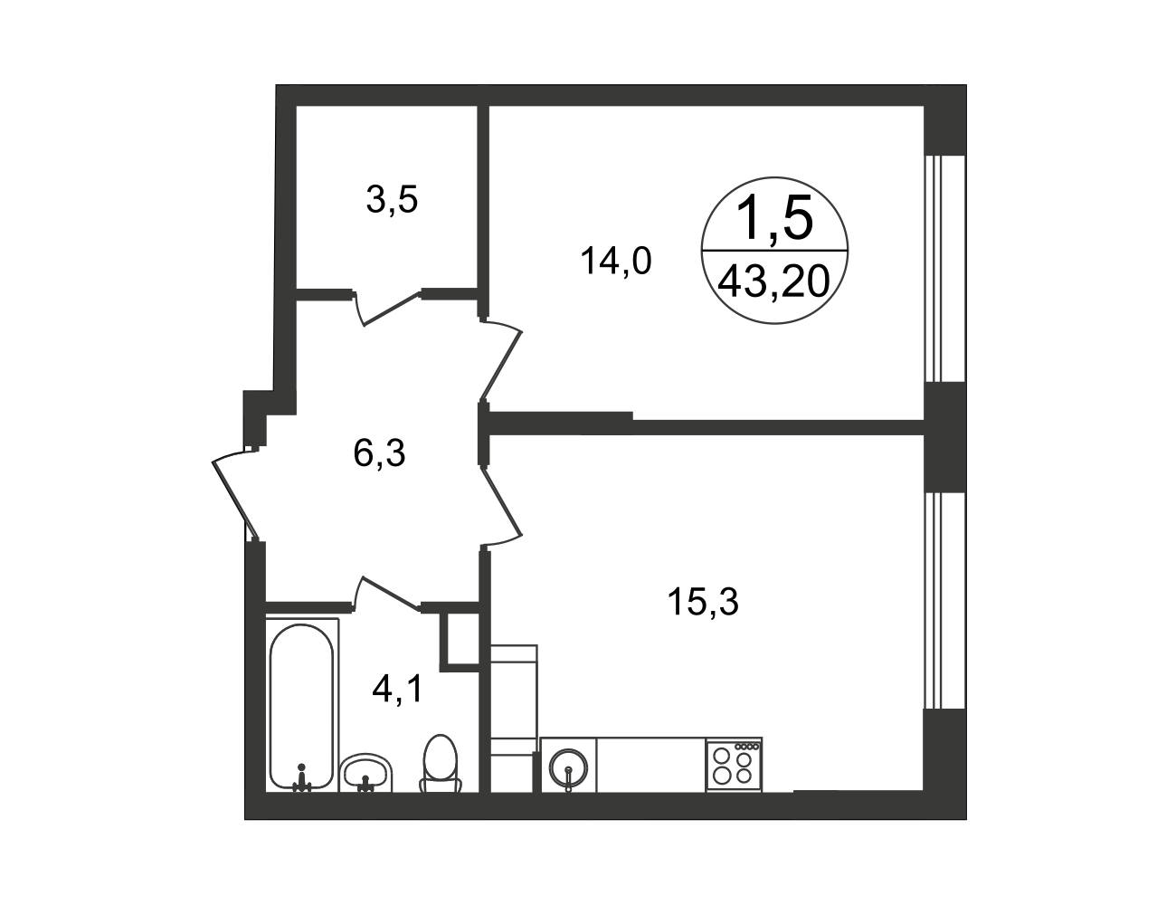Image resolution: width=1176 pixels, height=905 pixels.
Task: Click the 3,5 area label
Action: tap(392, 200)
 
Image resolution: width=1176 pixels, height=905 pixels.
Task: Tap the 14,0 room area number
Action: tap(616, 261)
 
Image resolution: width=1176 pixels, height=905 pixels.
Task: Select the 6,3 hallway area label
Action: tap(379, 453)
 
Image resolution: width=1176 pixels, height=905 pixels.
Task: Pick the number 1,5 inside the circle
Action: tap(775, 218)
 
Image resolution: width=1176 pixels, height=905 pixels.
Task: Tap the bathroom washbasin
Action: tap(365, 772)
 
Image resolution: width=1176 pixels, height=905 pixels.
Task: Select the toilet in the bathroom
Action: tap(441, 764)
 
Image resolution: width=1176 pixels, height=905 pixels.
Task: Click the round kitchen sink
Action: tap(568, 767)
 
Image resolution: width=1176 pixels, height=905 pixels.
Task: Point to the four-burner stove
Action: tap(734, 764)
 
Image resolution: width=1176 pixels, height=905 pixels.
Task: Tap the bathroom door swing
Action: tap(387, 594)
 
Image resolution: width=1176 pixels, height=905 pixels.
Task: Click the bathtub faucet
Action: tap(301, 779)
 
